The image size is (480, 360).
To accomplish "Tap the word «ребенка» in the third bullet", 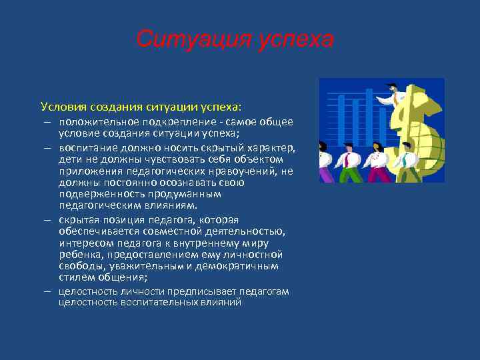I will click(79, 255).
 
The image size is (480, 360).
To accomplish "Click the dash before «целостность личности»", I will click(49, 291).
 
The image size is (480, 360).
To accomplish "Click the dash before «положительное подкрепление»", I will click(49, 121).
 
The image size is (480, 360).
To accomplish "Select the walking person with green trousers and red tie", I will click(348, 164).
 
